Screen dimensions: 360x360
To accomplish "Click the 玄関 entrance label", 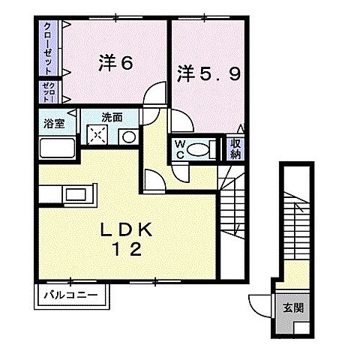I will coord(292,307).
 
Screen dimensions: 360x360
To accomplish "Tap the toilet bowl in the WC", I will coord(200,149).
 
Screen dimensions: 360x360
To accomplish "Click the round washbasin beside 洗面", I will coord(127,137).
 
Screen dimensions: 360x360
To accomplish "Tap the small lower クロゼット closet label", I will coord(46,93).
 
